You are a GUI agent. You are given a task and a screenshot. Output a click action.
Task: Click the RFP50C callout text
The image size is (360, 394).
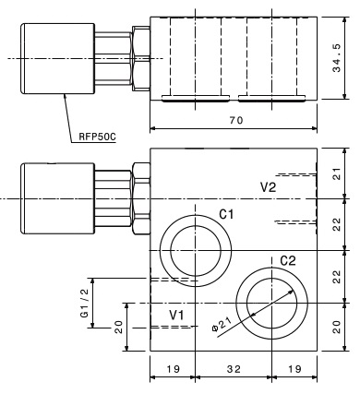point(97,137)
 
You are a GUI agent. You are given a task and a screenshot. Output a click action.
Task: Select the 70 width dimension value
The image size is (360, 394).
point(236,120)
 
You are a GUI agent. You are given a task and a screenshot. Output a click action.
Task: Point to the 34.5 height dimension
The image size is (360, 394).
point(337,58)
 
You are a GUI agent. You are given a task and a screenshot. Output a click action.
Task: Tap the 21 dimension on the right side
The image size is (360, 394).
point(338,173)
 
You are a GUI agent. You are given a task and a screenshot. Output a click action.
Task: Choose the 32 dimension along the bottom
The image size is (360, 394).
point(234,369)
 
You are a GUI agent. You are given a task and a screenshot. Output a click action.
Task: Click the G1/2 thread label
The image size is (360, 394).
point(84,303)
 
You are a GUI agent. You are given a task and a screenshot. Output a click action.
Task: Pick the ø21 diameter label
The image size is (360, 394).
point(222,325)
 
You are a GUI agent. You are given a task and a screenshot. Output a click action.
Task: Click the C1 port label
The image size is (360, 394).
point(226,214)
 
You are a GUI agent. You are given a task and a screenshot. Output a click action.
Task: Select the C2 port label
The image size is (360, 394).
point(288,261)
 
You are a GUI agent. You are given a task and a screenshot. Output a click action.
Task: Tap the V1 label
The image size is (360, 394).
point(177,315)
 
